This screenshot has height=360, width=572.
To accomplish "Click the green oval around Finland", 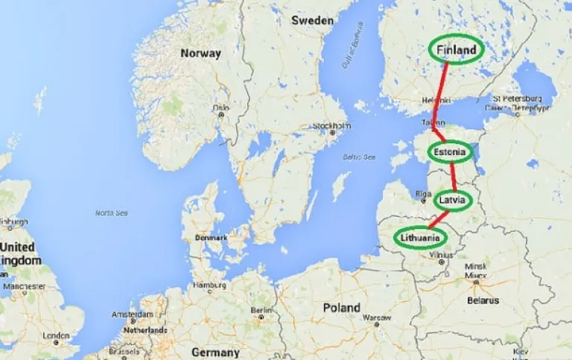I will [x=457, y=49].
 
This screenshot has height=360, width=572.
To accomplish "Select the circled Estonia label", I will [x=451, y=153].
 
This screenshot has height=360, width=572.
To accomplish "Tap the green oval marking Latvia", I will [x=452, y=200].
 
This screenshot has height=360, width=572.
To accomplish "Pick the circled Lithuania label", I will [x=422, y=238].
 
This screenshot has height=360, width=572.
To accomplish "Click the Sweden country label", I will [x=312, y=21].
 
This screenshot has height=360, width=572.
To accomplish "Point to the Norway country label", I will [x=200, y=54].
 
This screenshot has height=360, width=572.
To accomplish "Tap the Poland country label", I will [x=341, y=307].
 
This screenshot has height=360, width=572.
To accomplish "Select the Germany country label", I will [x=215, y=353].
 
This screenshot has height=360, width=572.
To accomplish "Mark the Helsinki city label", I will [x=436, y=100].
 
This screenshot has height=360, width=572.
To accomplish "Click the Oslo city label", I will [x=220, y=107].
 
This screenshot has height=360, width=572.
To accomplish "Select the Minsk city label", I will [x=475, y=266].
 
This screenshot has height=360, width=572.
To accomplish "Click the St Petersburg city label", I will [x=516, y=98].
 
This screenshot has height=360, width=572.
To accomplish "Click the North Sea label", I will [x=111, y=213].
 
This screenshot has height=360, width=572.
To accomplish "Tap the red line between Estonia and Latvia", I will [x=452, y=177].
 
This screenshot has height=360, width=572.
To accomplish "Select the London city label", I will [x=56, y=336].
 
